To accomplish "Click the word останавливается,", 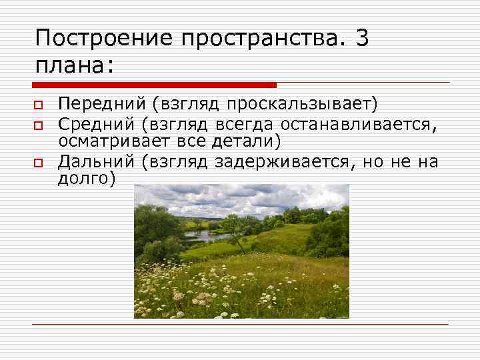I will (x=363, y=123).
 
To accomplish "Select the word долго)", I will (x=87, y=179).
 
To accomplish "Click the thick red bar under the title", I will (x=154, y=85).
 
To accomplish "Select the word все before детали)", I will (x=195, y=141).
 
